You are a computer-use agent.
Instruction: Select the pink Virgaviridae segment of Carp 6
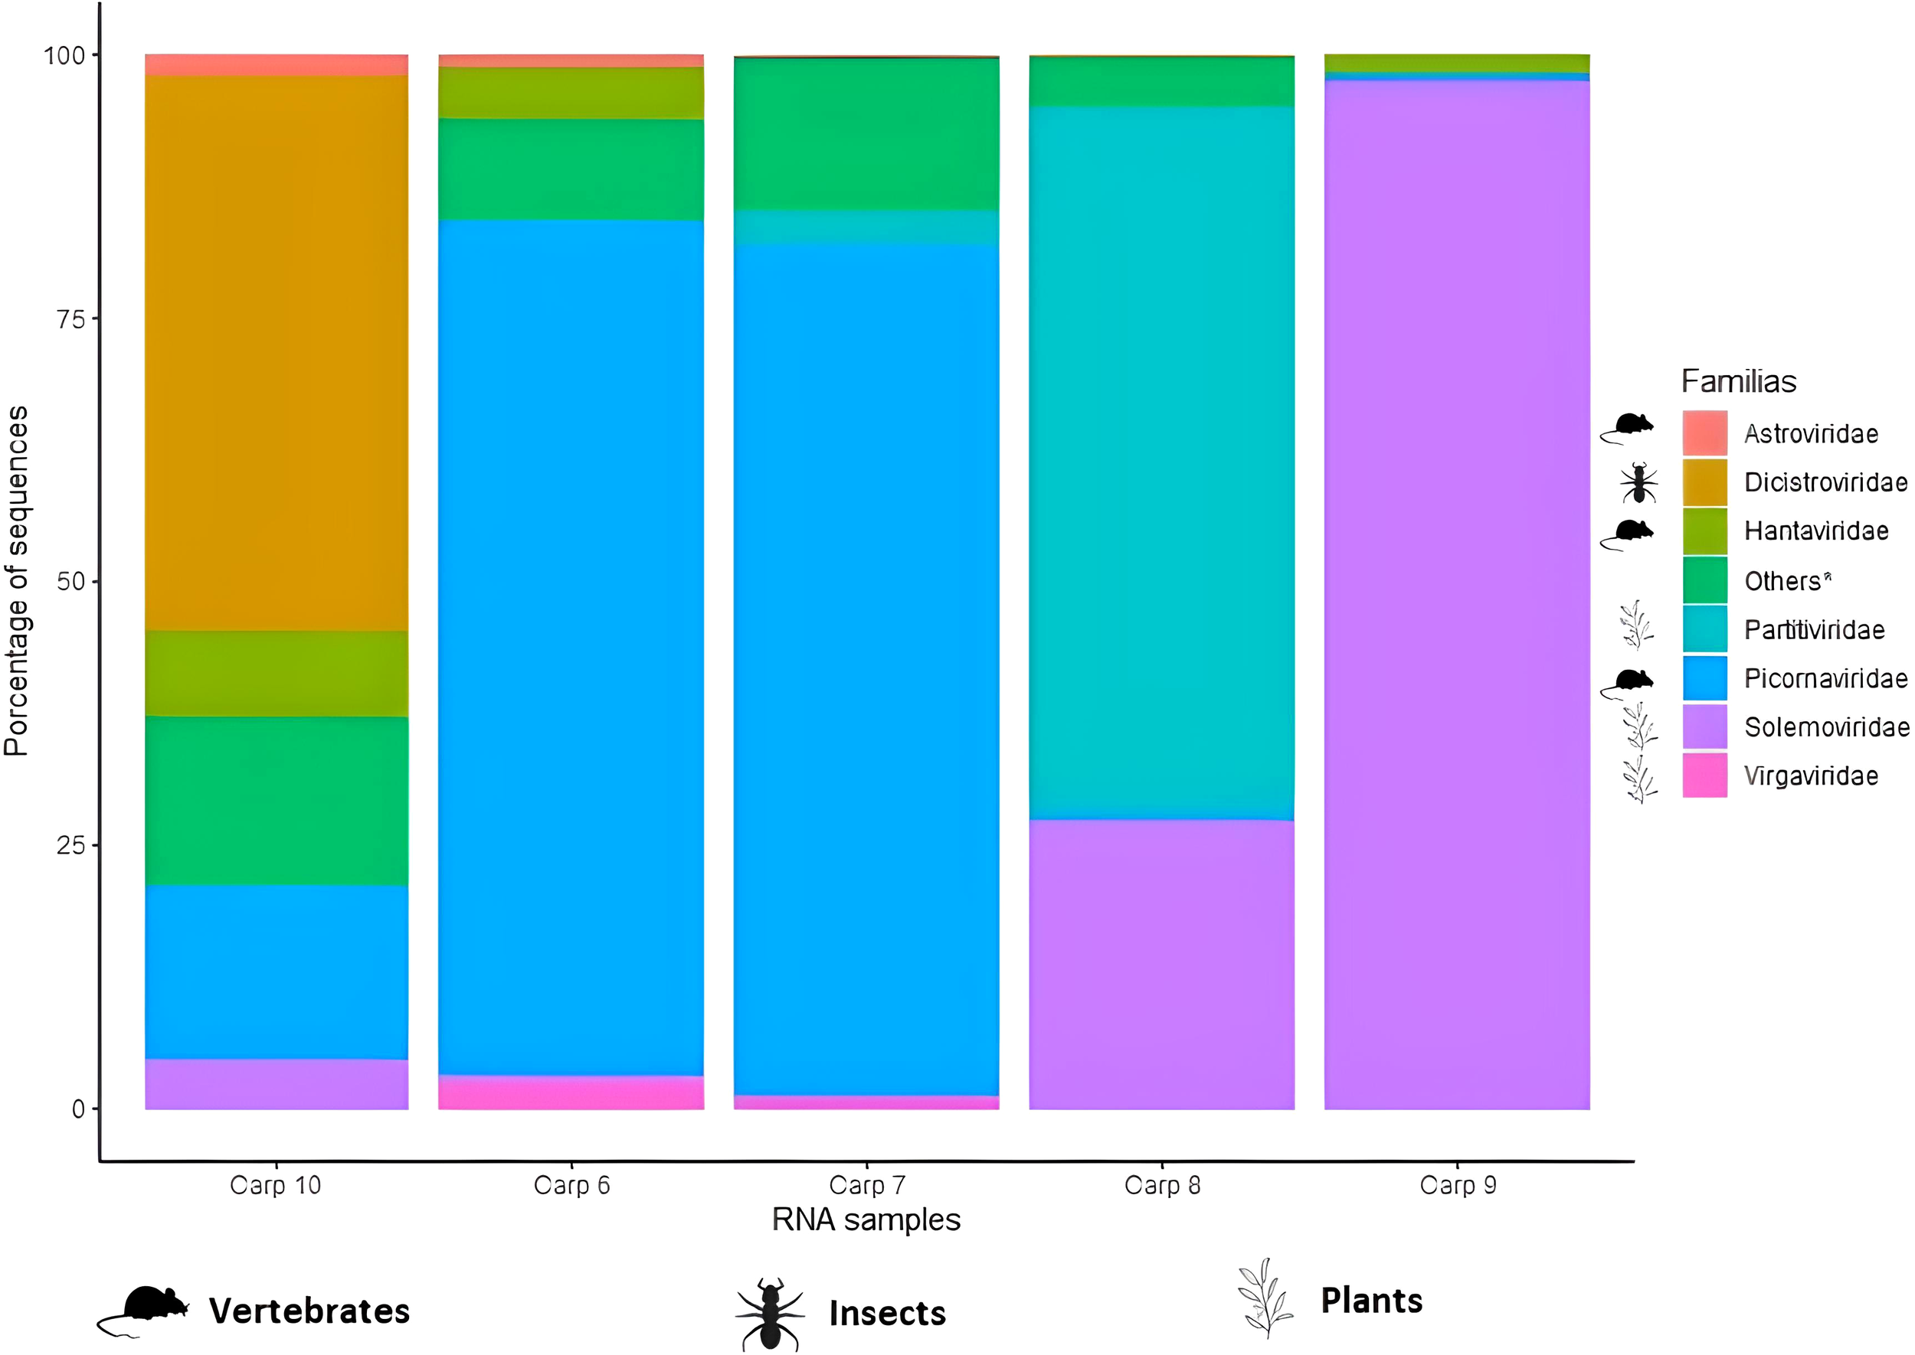571,1092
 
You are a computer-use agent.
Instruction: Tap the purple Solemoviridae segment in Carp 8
1161,964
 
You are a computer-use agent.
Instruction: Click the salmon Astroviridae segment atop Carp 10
277,65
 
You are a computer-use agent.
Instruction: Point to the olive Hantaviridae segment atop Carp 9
1457,64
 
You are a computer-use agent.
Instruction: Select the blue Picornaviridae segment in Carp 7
866,668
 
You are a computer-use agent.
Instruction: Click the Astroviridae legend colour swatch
1704,433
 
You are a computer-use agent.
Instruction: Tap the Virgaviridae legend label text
1811,776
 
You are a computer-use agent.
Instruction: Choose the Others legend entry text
1786,581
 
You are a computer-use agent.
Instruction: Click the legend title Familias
1738,381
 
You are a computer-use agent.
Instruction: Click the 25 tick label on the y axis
71,845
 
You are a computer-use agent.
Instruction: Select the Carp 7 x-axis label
866,1185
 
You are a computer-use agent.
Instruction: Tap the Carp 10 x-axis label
276,1185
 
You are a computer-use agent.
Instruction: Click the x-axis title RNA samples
866,1219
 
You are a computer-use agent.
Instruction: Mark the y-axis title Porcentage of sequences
17,581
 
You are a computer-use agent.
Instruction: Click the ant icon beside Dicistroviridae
1638,483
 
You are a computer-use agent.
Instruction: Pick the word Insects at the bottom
886,1314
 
